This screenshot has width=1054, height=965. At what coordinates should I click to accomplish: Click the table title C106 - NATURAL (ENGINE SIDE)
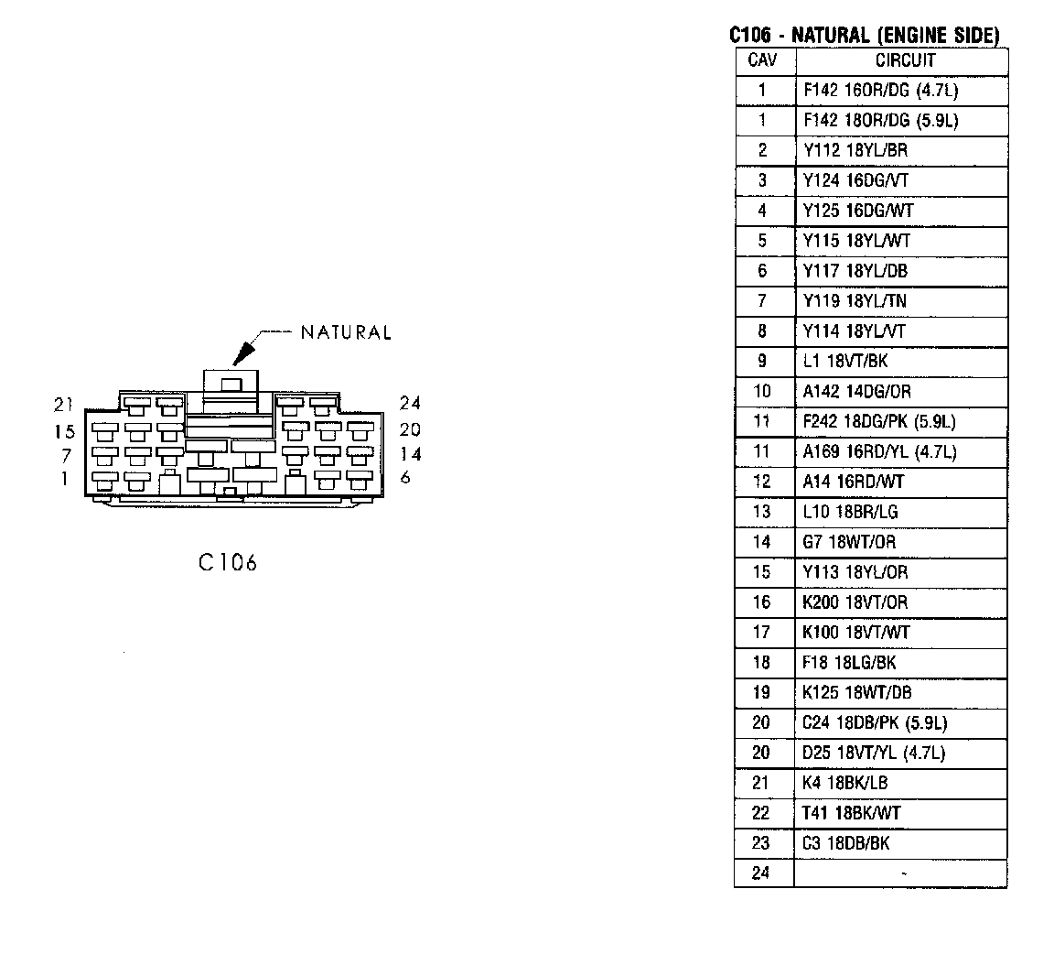tap(864, 36)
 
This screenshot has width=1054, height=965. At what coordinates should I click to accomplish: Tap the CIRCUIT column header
tap(905, 60)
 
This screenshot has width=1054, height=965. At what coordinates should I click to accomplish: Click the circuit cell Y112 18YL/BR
tap(855, 151)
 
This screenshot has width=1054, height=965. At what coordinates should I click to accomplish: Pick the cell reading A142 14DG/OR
tap(857, 392)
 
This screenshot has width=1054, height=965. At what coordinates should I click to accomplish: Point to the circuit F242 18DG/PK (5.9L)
tap(879, 422)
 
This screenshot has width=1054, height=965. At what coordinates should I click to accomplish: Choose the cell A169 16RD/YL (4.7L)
tap(879, 452)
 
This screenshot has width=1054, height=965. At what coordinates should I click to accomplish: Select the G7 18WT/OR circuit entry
tap(849, 542)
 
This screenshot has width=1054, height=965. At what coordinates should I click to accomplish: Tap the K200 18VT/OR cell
tap(855, 602)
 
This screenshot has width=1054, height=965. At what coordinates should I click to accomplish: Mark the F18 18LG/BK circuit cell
tap(848, 663)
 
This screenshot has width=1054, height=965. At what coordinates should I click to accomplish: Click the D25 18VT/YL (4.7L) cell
tap(874, 754)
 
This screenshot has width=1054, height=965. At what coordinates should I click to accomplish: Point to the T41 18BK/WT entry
tap(851, 813)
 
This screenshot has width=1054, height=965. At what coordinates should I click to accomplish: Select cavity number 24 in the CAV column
tap(761, 873)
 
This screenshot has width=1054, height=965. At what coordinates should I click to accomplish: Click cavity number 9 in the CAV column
tap(761, 362)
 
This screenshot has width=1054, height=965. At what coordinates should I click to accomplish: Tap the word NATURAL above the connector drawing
tap(346, 332)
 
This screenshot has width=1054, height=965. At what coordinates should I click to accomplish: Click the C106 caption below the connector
tap(228, 562)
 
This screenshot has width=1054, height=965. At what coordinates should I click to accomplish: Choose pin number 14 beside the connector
tap(410, 453)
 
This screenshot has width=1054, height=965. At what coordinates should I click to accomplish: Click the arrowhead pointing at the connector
tap(245, 352)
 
